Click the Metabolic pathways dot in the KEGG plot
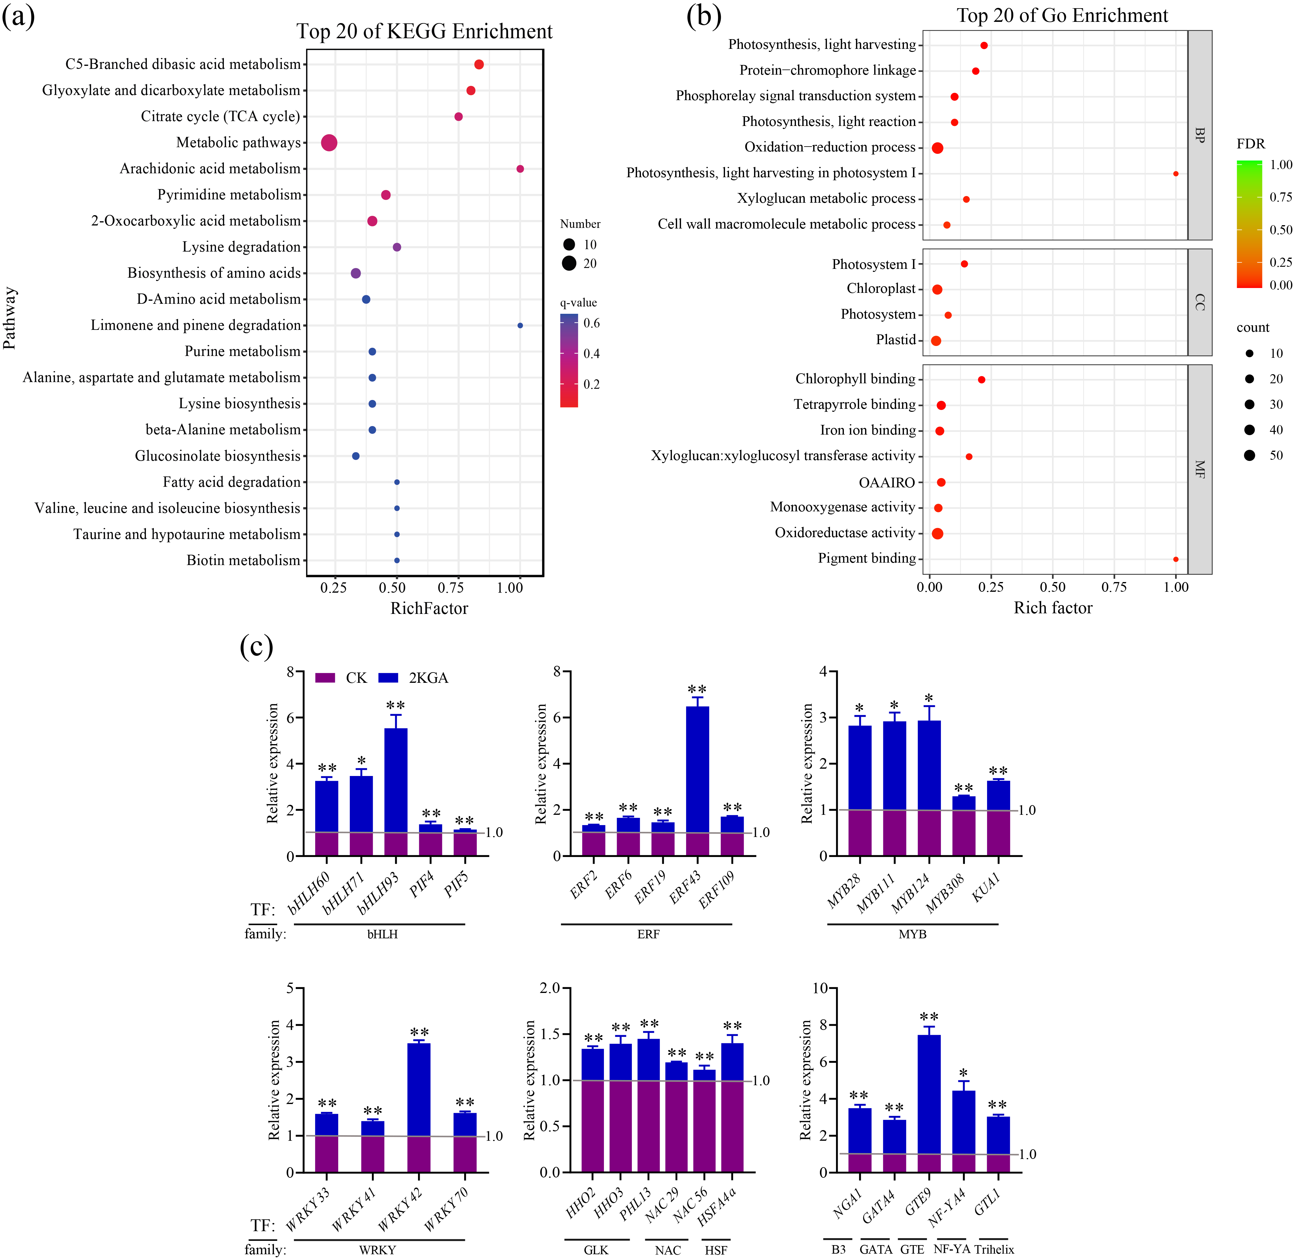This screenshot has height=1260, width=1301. (329, 143)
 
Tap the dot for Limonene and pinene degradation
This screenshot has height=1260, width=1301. (520, 325)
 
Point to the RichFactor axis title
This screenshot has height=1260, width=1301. (429, 608)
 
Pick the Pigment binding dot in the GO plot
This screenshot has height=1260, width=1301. (1175, 559)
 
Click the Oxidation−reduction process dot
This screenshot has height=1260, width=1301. (937, 147)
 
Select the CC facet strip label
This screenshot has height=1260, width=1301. (1199, 302)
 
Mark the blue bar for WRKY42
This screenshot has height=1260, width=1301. (419, 1089)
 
